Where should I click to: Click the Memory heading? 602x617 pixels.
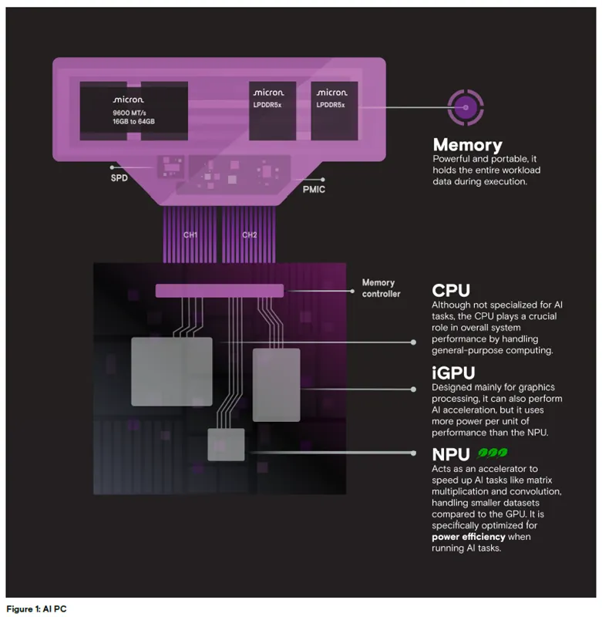467,144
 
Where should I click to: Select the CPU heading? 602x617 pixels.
451,291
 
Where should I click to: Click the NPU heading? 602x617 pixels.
453,455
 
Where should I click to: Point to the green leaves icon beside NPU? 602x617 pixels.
493,454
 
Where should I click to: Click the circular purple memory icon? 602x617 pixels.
464,107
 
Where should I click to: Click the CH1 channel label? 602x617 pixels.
190,234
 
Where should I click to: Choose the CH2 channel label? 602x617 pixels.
249,234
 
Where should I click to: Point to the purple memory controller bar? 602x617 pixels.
220,291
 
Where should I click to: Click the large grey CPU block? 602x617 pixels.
171,371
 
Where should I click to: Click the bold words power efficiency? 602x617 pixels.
469,536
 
